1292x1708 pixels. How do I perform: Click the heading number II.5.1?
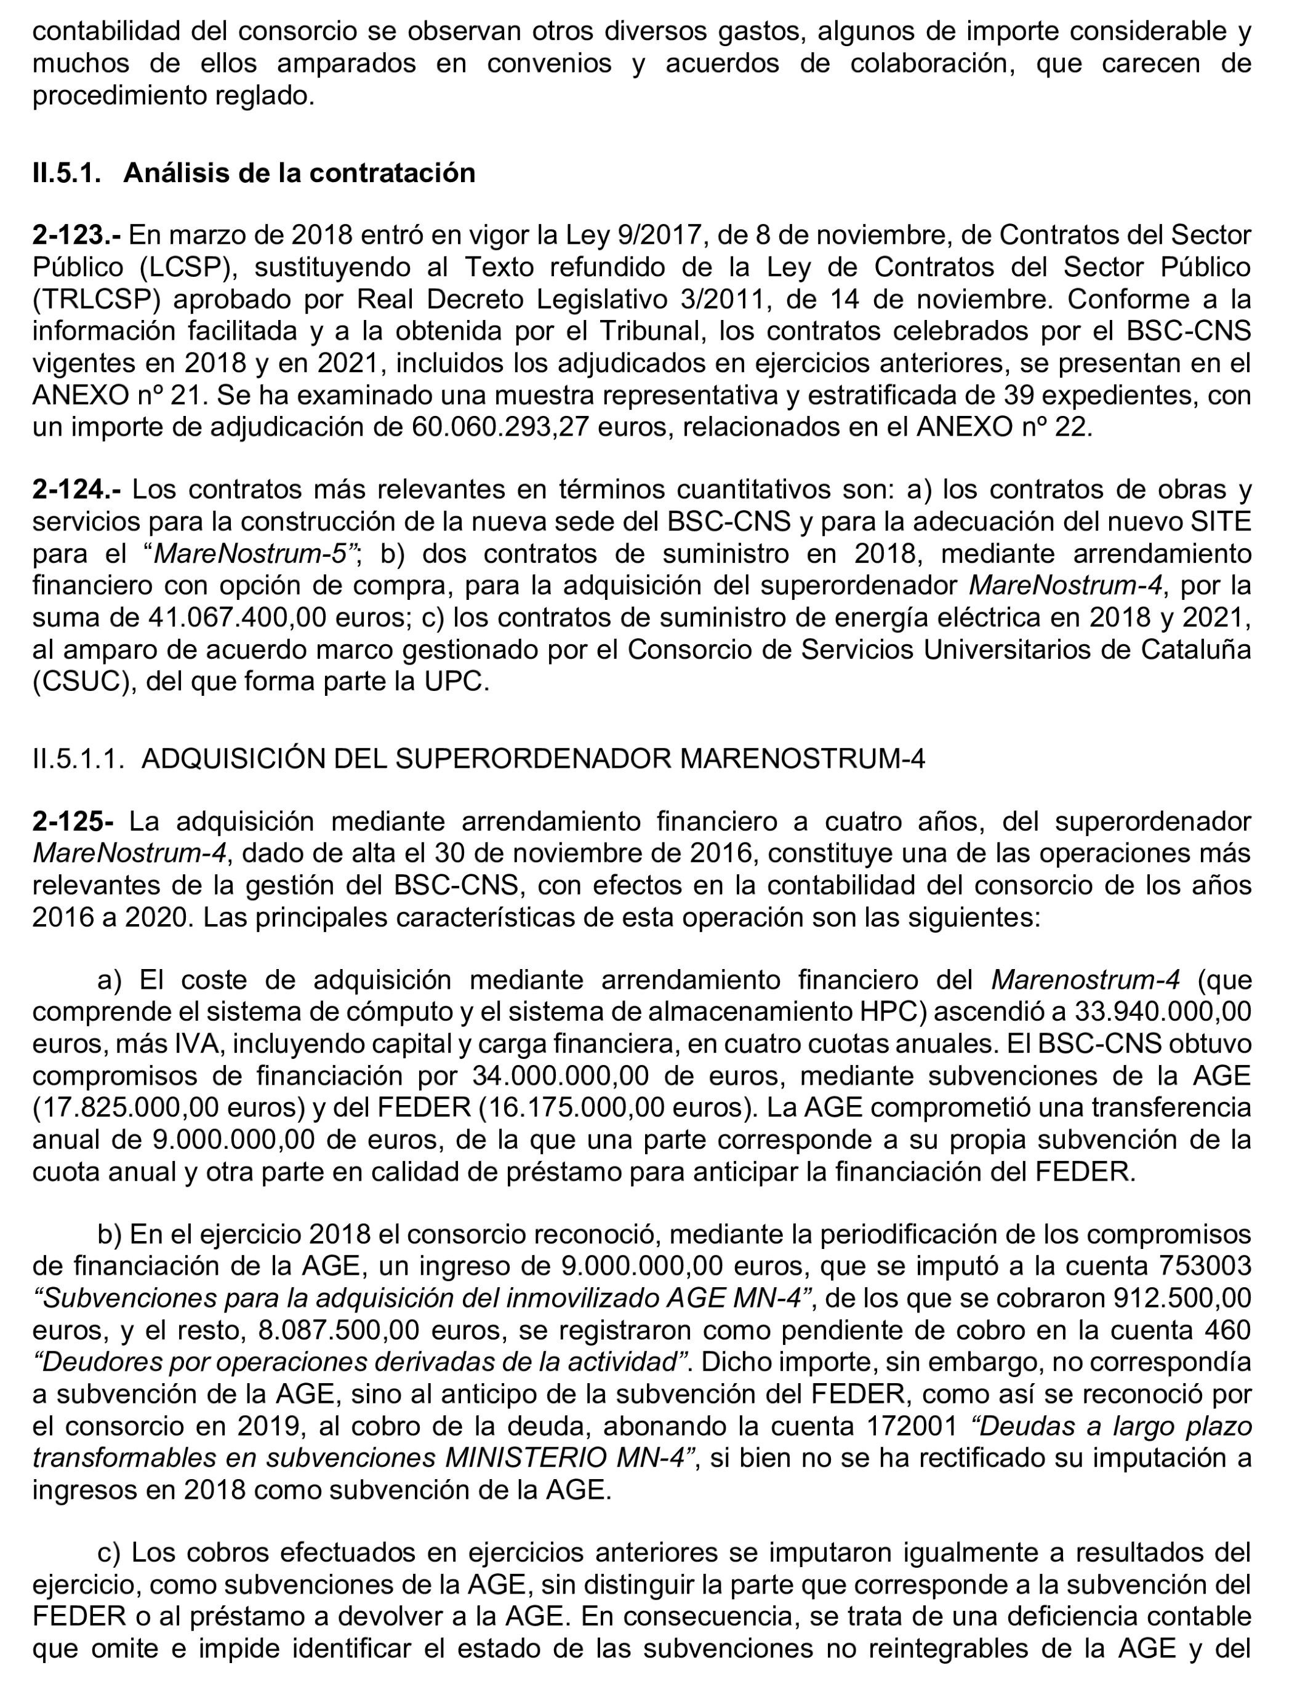click(x=66, y=173)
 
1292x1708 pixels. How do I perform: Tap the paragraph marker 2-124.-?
click(x=76, y=490)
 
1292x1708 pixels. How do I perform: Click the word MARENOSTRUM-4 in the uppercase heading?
click(x=801, y=760)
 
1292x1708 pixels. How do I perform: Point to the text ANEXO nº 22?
click(x=1003, y=427)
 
